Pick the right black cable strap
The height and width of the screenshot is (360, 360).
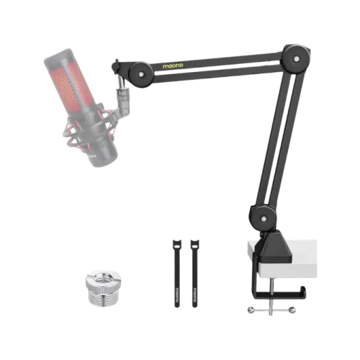click(x=194, y=271)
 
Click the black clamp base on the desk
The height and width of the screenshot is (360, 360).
click(x=274, y=248)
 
